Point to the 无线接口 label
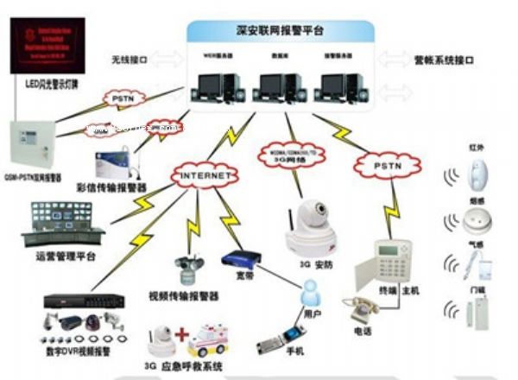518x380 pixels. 129,61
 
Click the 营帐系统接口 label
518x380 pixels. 463,61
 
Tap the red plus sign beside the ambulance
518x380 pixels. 182,333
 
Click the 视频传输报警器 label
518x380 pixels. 183,296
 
